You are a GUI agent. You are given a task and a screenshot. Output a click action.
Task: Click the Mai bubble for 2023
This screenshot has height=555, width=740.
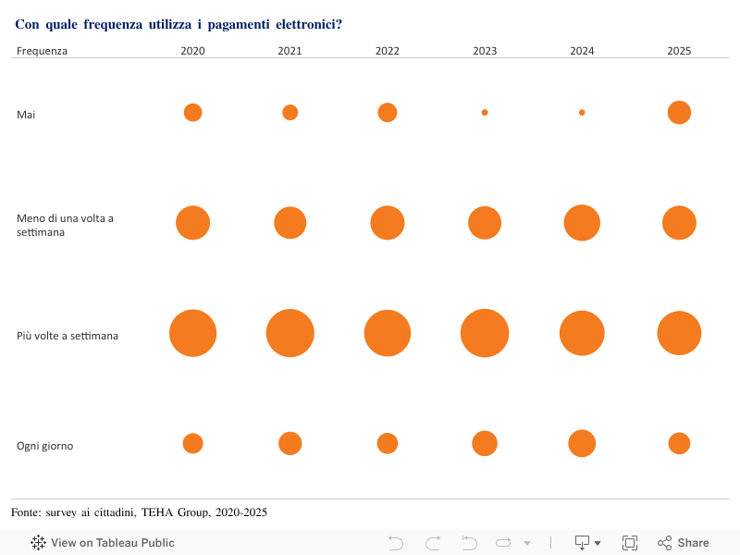[485, 113]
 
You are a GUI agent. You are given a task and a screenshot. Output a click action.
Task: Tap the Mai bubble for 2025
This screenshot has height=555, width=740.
[679, 113]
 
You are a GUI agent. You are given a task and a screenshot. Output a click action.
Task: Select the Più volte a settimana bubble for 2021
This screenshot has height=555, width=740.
[290, 333]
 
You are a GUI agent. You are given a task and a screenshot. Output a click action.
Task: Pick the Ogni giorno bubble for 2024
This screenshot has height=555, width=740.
[582, 443]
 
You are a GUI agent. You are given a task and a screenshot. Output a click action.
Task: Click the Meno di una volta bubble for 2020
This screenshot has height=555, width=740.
[193, 223]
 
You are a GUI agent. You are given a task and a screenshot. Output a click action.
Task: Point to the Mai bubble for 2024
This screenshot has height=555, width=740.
[582, 113]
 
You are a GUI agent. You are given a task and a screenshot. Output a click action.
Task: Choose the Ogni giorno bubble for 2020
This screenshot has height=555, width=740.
[192, 443]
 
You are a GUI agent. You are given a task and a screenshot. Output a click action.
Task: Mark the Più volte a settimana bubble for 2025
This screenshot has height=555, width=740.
[679, 333]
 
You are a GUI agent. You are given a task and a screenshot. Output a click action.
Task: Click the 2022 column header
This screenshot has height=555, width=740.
[388, 51]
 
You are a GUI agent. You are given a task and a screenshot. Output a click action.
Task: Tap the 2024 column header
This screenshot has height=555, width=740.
[582, 51]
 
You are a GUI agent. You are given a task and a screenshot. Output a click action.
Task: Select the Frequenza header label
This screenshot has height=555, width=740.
[42, 51]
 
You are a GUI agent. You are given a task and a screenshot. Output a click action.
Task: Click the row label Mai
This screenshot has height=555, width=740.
[26, 114]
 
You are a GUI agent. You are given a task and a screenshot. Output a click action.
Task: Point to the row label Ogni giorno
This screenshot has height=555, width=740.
[44, 446]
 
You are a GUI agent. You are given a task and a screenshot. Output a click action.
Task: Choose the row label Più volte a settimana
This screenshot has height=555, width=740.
[68, 336]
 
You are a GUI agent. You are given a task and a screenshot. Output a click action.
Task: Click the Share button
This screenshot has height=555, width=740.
[684, 543]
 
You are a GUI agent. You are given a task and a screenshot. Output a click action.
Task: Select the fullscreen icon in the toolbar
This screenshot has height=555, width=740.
[630, 543]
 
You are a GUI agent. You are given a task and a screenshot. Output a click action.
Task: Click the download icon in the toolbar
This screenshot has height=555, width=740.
[584, 543]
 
